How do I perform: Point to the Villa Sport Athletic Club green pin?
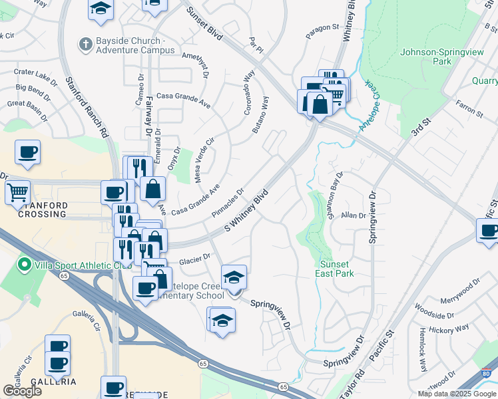coord(25,265)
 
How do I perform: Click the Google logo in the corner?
coord(22,390)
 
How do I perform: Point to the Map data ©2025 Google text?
coord(457,394)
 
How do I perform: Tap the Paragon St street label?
coord(323,31)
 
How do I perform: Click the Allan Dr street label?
coord(353,215)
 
